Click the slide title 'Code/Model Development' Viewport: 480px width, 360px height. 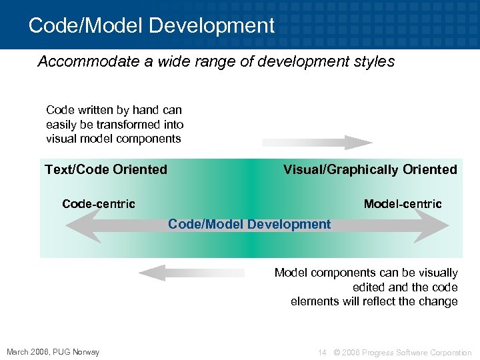(x=152, y=25)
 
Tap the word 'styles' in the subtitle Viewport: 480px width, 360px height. (x=374, y=62)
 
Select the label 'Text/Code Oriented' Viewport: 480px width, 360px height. (x=106, y=169)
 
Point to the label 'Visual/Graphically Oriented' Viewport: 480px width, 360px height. (x=370, y=169)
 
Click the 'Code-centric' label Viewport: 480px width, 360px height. (x=99, y=204)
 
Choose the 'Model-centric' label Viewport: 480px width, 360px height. (x=403, y=204)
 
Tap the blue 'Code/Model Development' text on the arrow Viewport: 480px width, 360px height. (x=249, y=224)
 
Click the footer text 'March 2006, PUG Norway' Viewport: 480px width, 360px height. (x=53, y=352)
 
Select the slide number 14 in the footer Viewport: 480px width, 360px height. (x=322, y=352)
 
